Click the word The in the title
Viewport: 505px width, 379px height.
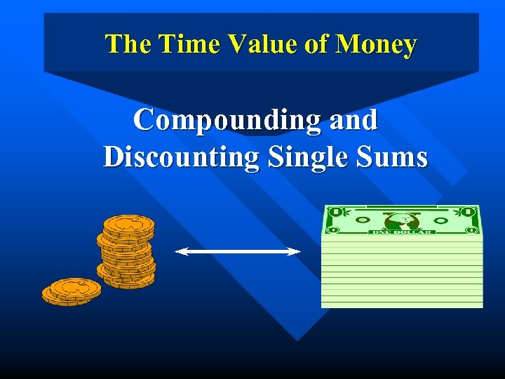128,44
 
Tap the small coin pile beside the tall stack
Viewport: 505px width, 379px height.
72,291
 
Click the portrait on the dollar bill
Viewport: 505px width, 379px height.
402,220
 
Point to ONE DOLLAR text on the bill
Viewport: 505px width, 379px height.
403,232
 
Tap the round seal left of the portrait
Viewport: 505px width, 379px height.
362,220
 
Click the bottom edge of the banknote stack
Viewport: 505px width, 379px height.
402,305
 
